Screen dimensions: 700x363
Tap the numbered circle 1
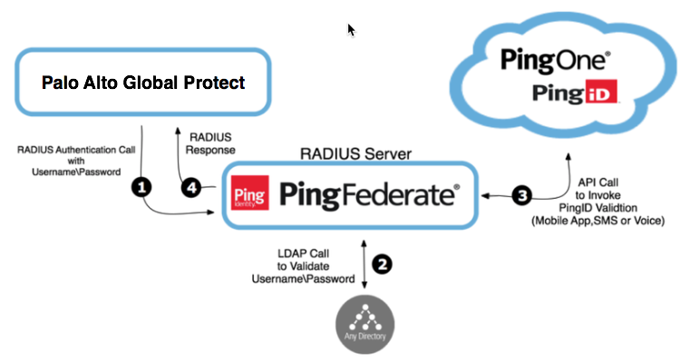coord(141,188)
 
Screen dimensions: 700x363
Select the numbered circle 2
coord(382,264)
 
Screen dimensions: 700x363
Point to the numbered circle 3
coord(522,195)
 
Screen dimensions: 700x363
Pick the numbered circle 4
coord(191,188)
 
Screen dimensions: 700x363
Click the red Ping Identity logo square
coord(250,192)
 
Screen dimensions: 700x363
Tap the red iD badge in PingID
coord(600,92)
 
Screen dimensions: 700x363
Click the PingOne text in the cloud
coord(555,61)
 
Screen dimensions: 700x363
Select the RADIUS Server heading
coord(355,153)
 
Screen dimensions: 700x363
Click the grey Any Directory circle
coord(365,325)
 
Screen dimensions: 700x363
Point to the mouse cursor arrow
coord(351,30)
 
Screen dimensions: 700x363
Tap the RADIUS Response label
coord(210,143)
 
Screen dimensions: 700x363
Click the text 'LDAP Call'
coord(303,253)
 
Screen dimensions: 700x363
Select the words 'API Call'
coord(598,182)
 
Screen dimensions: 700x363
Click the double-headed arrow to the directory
coord(364,264)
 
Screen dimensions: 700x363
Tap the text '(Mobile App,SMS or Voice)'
coord(598,221)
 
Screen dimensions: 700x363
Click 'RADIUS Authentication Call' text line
coord(76,150)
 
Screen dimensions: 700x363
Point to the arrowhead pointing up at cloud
coord(569,156)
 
